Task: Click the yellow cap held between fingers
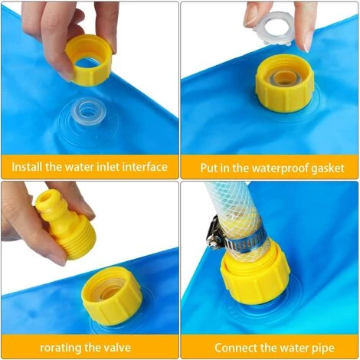coord(89,61)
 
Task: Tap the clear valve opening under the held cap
coord(87,111)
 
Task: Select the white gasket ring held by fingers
coord(273,28)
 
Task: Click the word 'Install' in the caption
coord(27,167)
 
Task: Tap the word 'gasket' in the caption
coord(329,169)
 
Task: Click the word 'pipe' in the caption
coord(323,349)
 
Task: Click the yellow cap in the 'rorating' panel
coord(112,296)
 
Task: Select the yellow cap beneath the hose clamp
coord(255,279)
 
